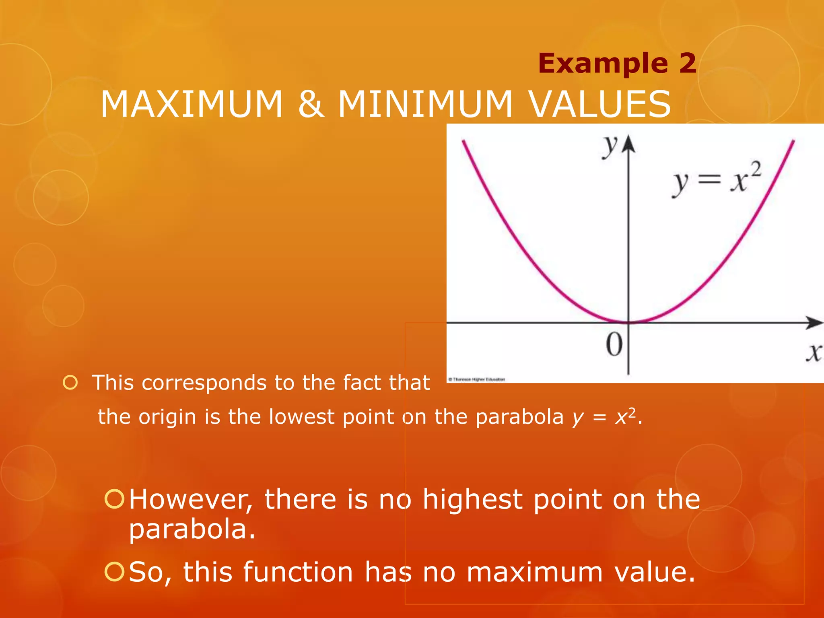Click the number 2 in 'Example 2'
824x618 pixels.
[x=687, y=64]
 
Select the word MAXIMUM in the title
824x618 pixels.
[x=192, y=104]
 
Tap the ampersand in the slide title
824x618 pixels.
[x=311, y=104]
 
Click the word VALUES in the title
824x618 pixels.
[x=599, y=104]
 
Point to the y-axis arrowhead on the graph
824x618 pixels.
[x=628, y=144]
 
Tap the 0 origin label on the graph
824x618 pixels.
[x=614, y=344]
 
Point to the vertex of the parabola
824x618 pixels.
[x=628, y=322]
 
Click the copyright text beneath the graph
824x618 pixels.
[x=476, y=379]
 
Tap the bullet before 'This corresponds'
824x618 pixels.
[x=70, y=383]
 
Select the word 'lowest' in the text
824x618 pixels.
[x=301, y=417]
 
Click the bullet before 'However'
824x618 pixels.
[x=114, y=499]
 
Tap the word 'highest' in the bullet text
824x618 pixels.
[x=472, y=500]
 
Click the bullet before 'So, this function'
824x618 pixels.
[x=114, y=572]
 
